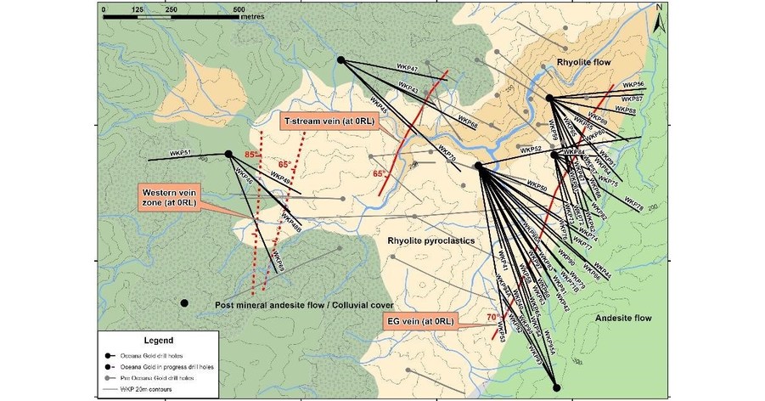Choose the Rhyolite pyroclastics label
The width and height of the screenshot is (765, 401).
point(430,240)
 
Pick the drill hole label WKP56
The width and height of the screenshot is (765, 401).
point(633,85)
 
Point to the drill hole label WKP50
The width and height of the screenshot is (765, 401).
point(536,184)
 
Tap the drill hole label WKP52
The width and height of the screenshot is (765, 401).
point(531,149)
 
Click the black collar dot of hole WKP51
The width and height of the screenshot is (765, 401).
point(228,154)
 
